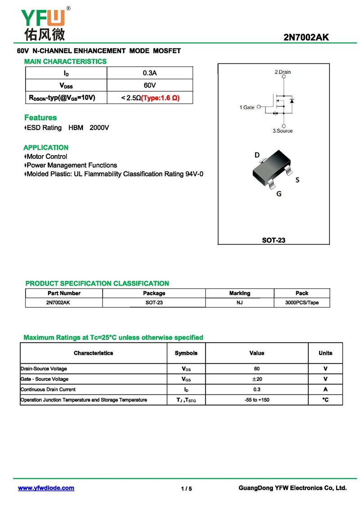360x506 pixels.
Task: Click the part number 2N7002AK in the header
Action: tap(306, 37)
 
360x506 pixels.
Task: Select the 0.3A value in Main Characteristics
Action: tap(149, 73)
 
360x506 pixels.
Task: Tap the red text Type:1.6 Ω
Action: tap(160, 98)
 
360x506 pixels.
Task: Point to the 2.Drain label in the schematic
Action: tap(283, 72)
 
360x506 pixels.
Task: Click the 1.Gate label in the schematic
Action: tap(247, 107)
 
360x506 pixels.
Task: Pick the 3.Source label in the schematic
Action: tap(283, 131)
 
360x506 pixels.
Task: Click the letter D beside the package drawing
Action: tap(257, 155)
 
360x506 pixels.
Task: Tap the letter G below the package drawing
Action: tap(279, 194)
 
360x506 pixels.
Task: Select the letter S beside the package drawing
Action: tap(297, 180)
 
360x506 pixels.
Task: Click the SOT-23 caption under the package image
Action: tap(274, 240)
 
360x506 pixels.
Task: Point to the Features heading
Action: tap(40, 118)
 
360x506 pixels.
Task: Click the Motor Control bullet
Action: tap(47, 157)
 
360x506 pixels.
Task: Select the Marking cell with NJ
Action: tap(239, 303)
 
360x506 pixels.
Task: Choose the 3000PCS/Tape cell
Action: tap(301, 303)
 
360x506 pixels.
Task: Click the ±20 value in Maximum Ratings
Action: tap(256, 379)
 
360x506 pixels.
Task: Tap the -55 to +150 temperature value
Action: tap(256, 400)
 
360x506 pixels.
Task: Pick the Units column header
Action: tap(325, 353)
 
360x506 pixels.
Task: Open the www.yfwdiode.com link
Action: tap(46, 488)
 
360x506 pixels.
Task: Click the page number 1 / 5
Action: tap(186, 489)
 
